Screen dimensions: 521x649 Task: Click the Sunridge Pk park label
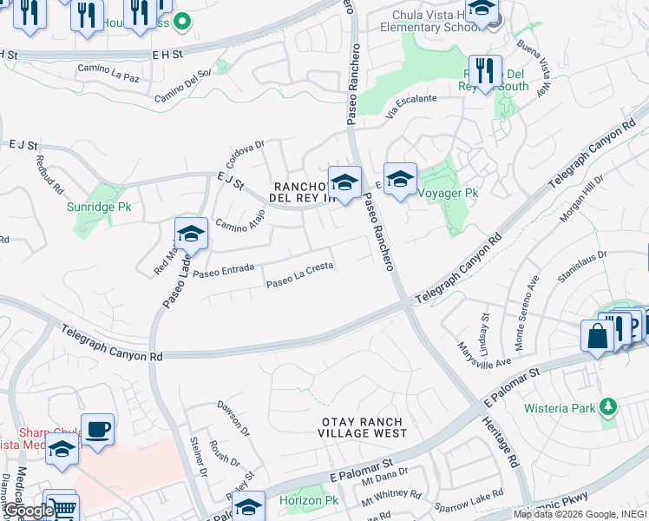(100, 208)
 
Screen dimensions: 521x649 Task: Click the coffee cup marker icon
(97, 429)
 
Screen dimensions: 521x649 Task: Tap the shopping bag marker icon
(598, 336)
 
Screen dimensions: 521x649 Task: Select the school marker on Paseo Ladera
(191, 234)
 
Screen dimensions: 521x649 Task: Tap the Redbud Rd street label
(49, 173)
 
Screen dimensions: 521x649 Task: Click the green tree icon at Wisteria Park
(609, 406)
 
